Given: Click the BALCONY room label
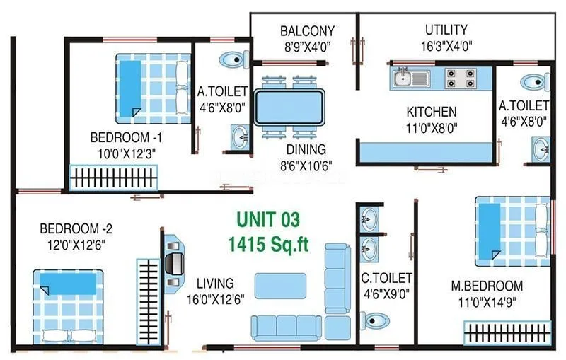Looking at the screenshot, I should click(x=306, y=31).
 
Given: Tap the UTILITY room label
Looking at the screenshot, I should click(x=446, y=30).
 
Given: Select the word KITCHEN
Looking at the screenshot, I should click(x=431, y=112).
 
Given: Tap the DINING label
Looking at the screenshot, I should click(x=306, y=149).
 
